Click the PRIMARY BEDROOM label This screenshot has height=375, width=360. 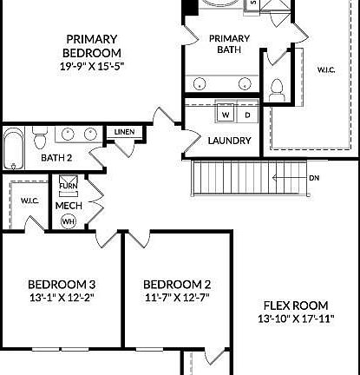tap(92, 44)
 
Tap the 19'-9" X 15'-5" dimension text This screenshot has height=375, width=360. tap(92, 64)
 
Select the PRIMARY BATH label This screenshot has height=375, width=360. tap(230, 44)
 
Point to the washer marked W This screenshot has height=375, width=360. tap(225, 115)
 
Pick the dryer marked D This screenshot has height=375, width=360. tap(246, 115)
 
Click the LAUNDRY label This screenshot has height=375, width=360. tap(230, 141)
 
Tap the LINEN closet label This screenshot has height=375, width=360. tap(123, 132)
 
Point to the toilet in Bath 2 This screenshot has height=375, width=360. tap(39, 139)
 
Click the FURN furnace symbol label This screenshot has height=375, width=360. tap(69, 186)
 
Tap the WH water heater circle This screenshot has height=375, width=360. tap(68, 220)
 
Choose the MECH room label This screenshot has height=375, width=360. tap(69, 206)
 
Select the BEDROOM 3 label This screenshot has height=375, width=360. tap(62, 285)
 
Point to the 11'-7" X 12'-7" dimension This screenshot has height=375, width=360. tap(177, 298)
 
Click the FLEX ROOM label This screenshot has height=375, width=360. tap(293, 306)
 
